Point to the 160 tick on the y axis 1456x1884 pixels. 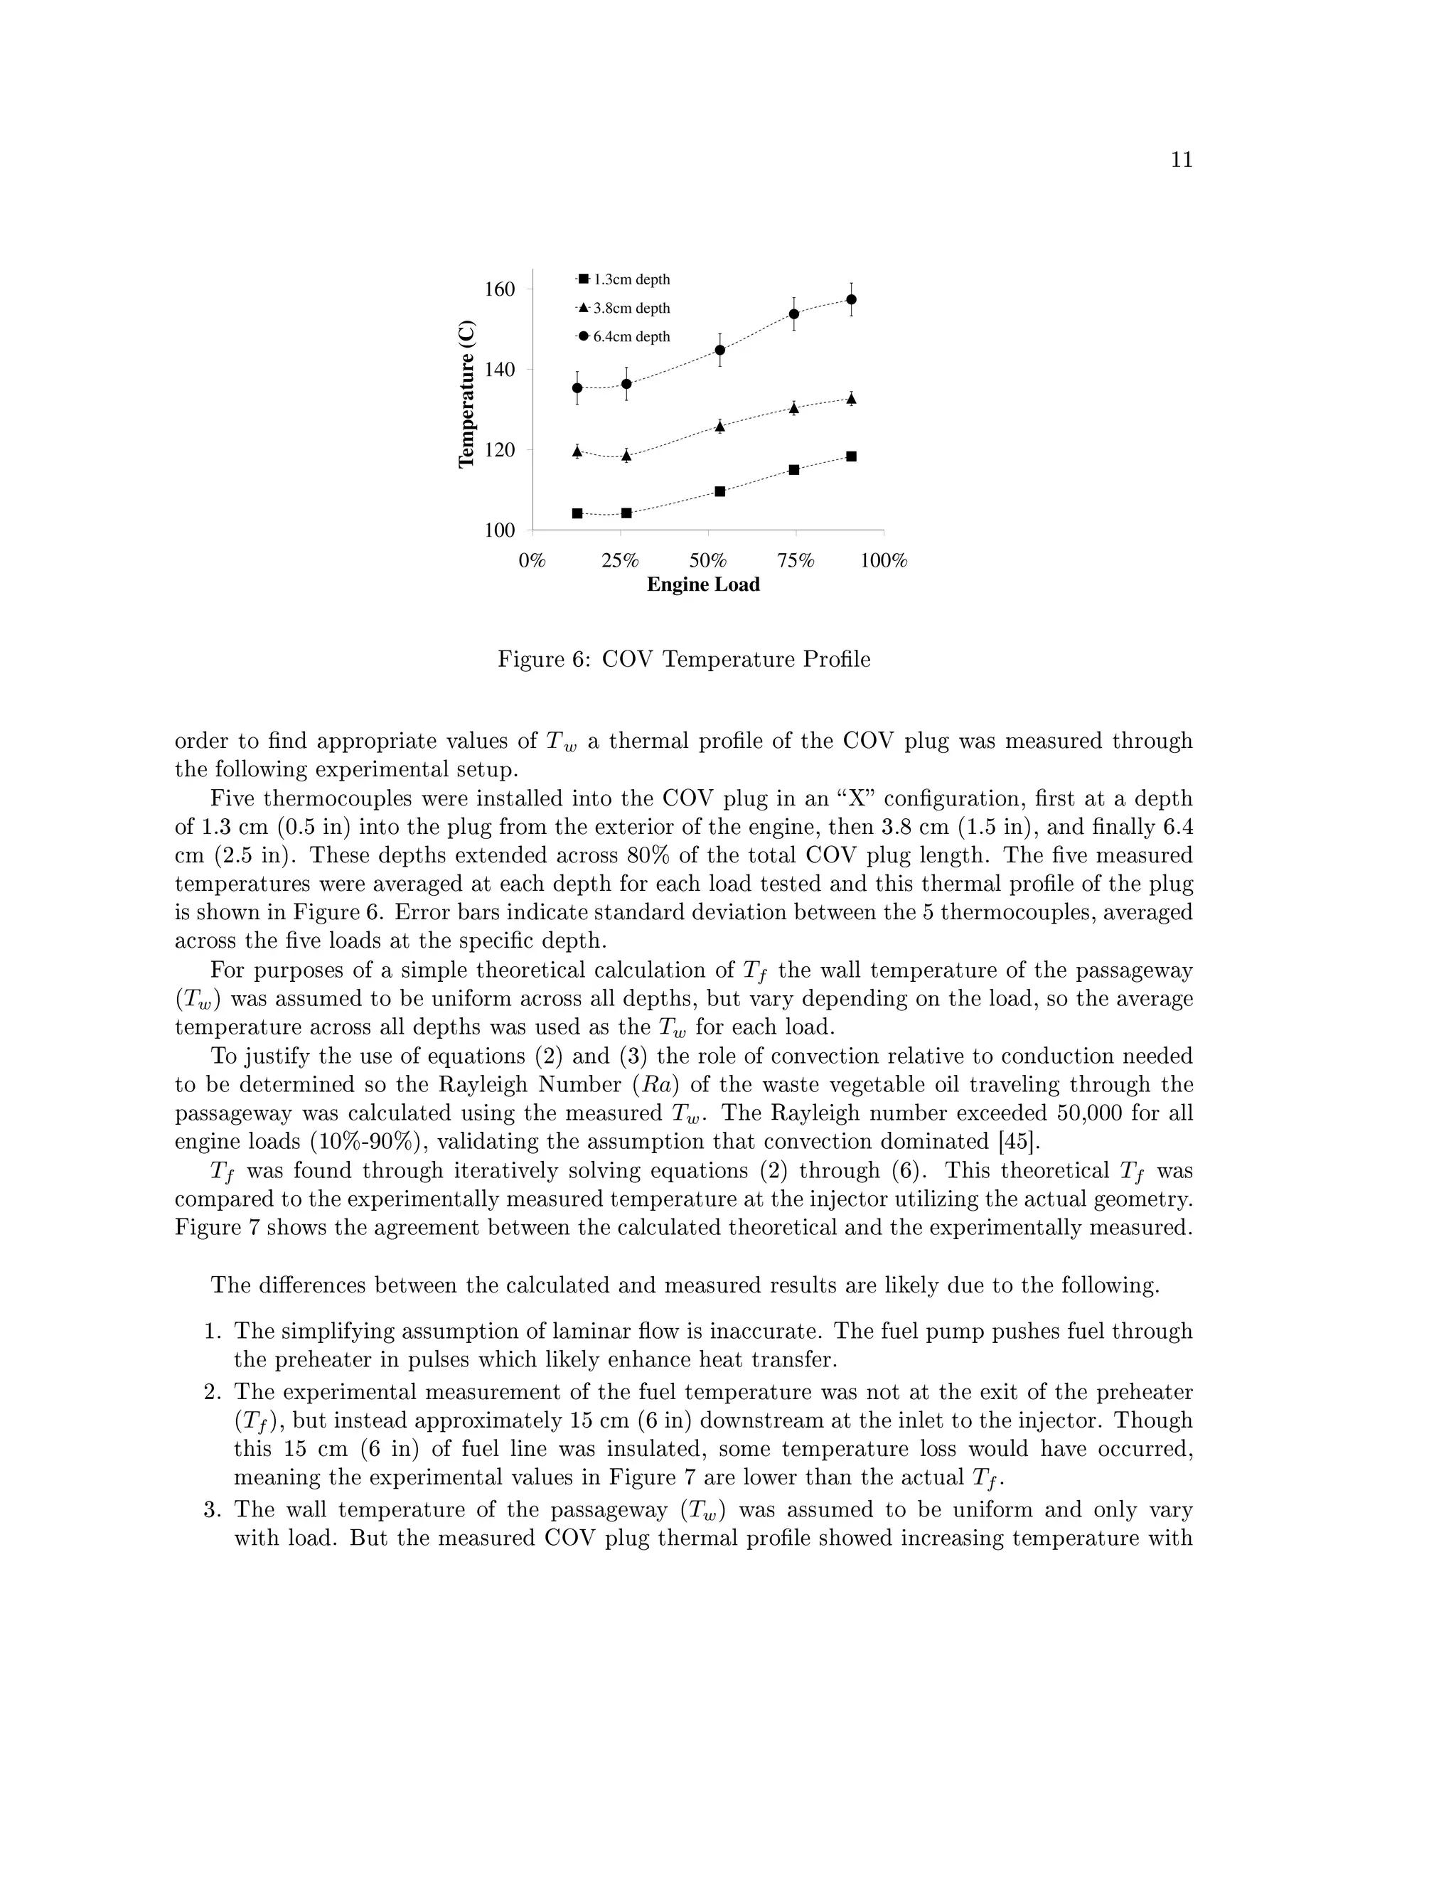499,289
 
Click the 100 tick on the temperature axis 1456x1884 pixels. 499,530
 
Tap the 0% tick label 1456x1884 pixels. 532,561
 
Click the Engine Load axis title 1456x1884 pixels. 703,585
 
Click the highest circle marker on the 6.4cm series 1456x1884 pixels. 851,299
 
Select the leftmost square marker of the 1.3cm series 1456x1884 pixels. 577,513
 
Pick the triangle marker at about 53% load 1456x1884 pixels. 720,426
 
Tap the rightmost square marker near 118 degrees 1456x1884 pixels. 851,456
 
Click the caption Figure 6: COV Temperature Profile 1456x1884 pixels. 684,660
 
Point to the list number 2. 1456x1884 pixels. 213,1391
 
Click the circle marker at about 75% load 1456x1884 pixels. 793,314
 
